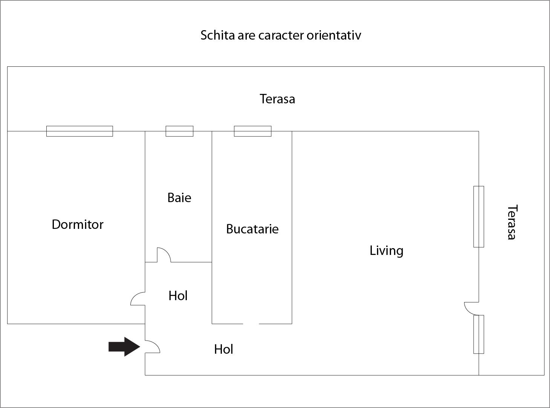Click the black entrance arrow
(124, 347)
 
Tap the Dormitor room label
(78, 224)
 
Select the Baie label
(179, 198)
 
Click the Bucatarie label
(252, 229)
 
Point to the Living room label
(387, 251)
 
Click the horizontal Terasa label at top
(277, 99)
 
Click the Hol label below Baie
(178, 296)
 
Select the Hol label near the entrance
(223, 350)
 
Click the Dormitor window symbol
(79, 131)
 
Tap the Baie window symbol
(180, 131)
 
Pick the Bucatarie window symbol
(253, 131)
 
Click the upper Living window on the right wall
(478, 217)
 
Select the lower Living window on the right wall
(478, 334)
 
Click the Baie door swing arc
(164, 255)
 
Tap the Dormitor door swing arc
(138, 299)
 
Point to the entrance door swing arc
(153, 347)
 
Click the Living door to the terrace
(471, 309)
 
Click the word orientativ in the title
(334, 35)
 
